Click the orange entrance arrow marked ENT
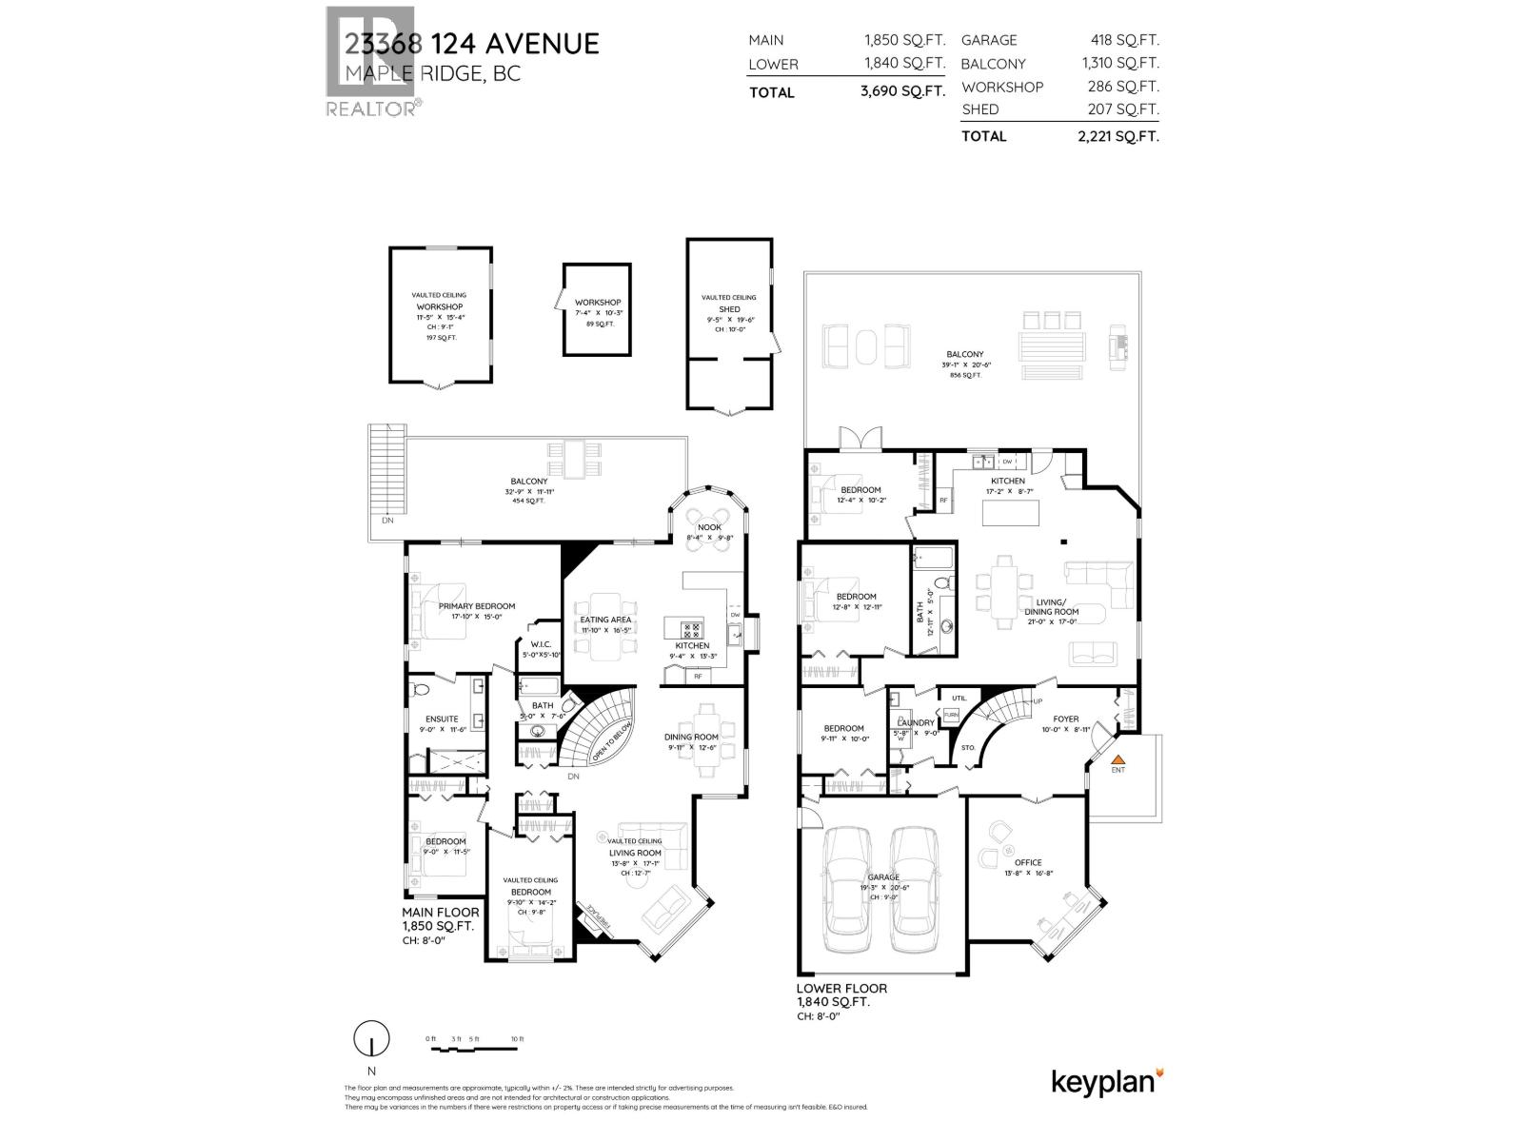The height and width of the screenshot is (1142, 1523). pyautogui.click(x=1118, y=759)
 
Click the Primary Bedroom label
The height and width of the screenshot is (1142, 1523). pyautogui.click(x=476, y=606)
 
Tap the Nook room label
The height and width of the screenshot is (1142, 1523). pyautogui.click(x=709, y=527)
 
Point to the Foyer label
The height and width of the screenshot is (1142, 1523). pyautogui.click(x=1064, y=719)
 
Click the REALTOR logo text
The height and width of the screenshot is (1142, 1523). pyautogui.click(x=370, y=109)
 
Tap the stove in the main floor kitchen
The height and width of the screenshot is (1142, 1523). pyautogui.click(x=691, y=628)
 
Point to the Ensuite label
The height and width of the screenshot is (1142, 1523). pyautogui.click(x=442, y=719)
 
